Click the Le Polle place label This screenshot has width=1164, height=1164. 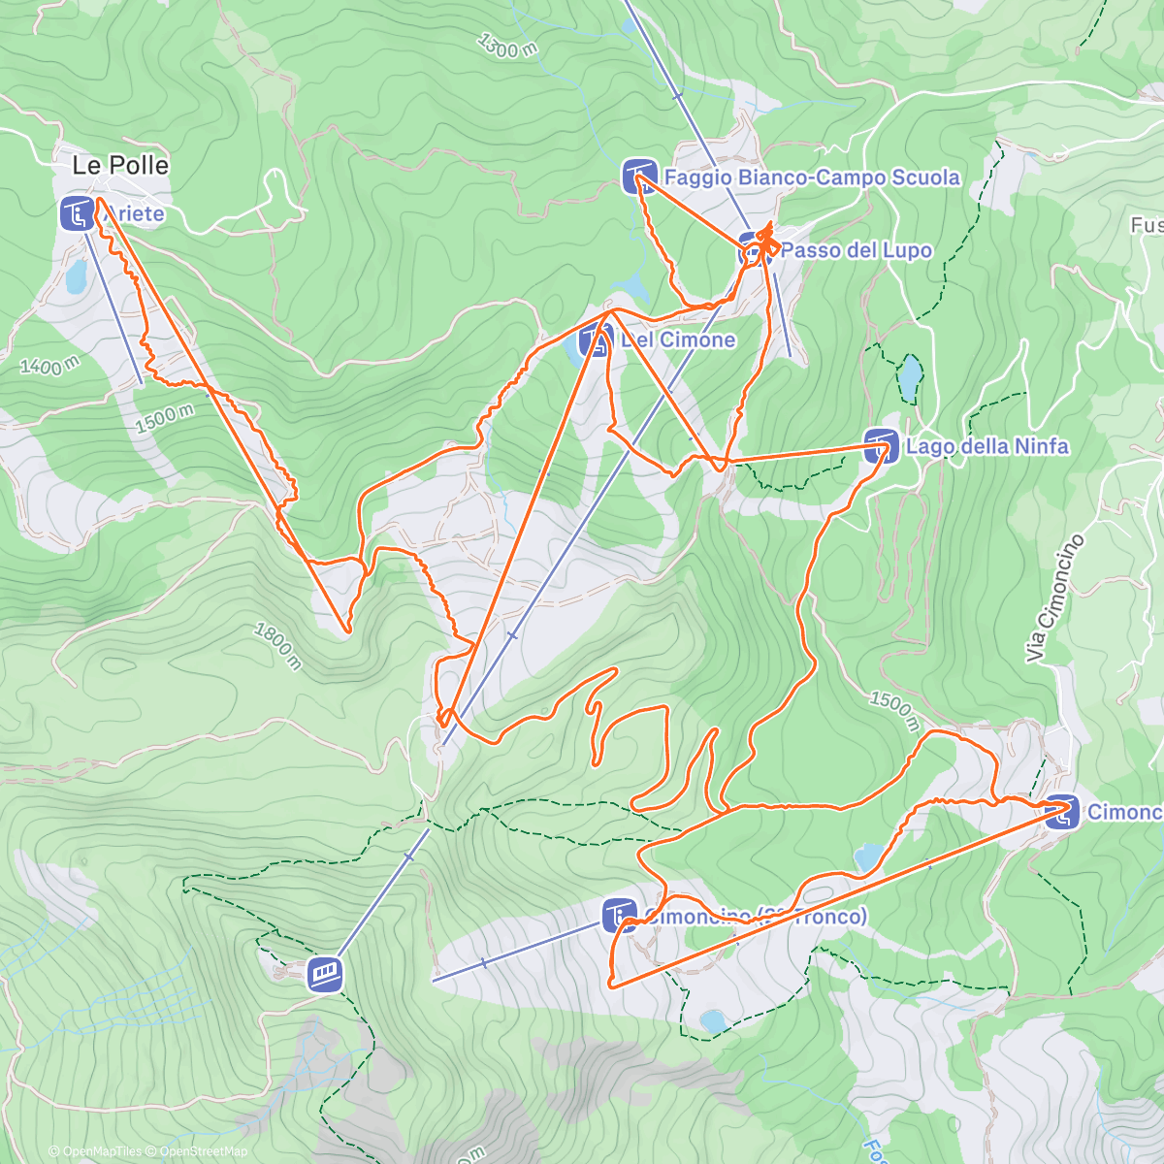click(120, 166)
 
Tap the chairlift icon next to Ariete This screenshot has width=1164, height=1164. click(77, 213)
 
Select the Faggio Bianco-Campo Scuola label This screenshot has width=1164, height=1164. click(812, 178)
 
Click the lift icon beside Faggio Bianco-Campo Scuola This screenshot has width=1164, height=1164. click(639, 177)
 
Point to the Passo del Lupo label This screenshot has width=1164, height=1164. click(856, 250)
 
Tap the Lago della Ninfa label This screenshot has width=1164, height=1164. click(986, 446)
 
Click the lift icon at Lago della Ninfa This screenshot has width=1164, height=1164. click(881, 446)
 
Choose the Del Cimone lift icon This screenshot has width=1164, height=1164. click(596, 340)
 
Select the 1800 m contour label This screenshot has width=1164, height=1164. click(277, 646)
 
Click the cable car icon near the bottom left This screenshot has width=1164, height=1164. click(325, 975)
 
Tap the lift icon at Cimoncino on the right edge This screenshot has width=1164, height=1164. click(1062, 812)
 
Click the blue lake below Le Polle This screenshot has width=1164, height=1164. click(76, 279)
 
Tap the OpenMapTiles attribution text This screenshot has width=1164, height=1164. click(102, 1151)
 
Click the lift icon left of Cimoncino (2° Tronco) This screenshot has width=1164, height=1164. click(620, 916)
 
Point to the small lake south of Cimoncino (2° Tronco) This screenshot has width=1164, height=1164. click(713, 1021)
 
